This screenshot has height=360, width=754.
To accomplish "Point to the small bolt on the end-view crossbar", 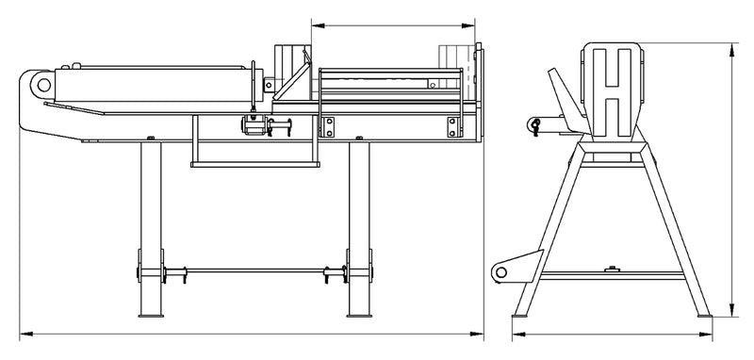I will (x=617, y=270).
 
